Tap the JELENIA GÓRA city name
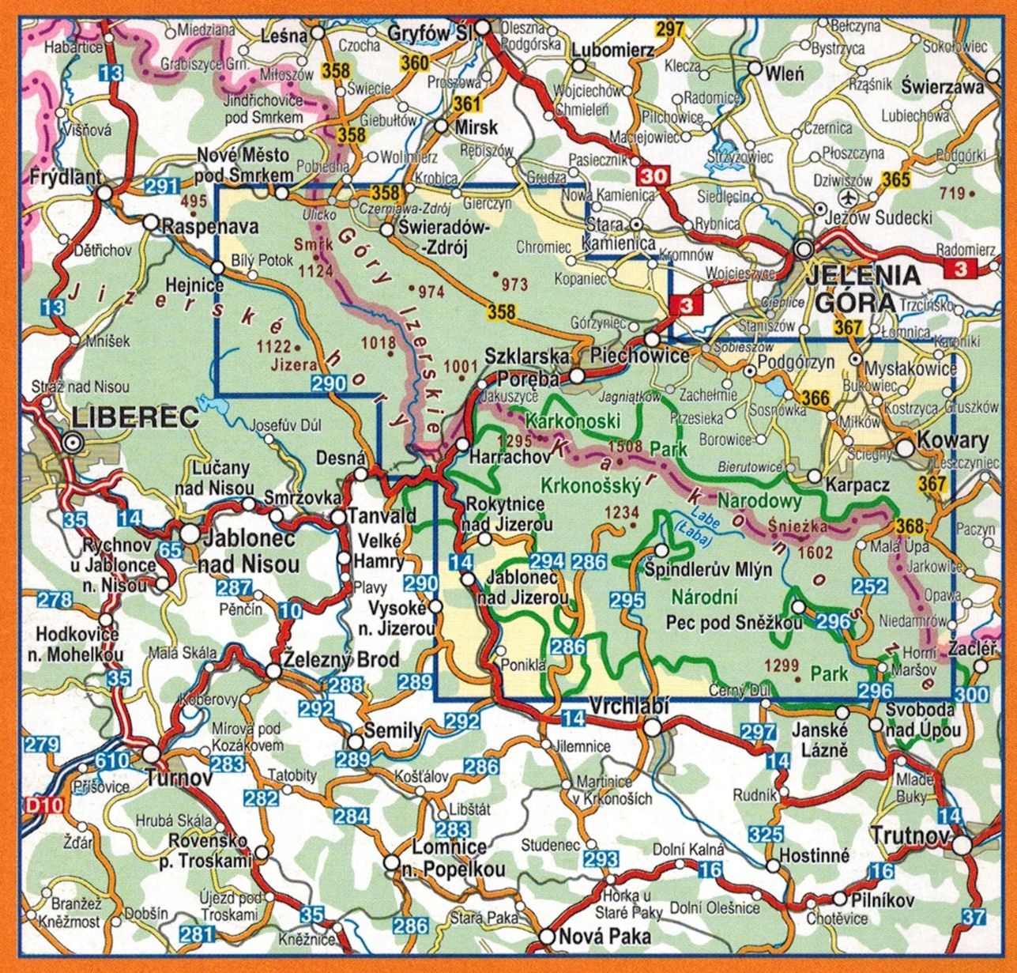(x=862, y=289)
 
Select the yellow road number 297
(x=669, y=30)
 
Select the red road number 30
(x=654, y=175)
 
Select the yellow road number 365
(x=896, y=179)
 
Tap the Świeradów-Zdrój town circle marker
(x=387, y=230)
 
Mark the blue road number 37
(x=975, y=917)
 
